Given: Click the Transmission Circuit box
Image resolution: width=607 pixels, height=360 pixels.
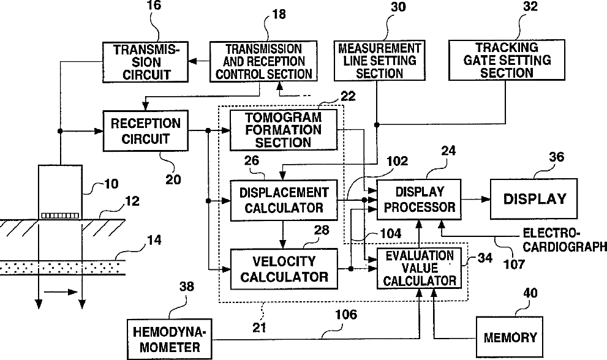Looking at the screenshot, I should pyautogui.click(x=145, y=62).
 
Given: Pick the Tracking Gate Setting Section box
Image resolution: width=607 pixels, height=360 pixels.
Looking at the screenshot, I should pyautogui.click(x=507, y=61).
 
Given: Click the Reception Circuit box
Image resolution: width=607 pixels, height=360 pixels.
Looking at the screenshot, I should pyautogui.click(x=145, y=131).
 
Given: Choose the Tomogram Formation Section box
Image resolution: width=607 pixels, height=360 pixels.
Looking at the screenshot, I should pyautogui.click(x=283, y=130).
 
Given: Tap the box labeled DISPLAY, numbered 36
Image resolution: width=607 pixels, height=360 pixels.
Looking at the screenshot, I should pyautogui.click(x=533, y=199).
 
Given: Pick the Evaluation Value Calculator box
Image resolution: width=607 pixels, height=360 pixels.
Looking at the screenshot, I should pyautogui.click(x=419, y=268).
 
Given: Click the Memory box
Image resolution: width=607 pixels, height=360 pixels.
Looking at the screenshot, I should pyautogui.click(x=510, y=337).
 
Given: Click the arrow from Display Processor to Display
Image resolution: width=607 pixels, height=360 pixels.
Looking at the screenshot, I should pyautogui.click(x=475, y=199).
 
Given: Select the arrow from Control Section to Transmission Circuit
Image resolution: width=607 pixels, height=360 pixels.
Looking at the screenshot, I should pyautogui.click(x=198, y=62).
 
